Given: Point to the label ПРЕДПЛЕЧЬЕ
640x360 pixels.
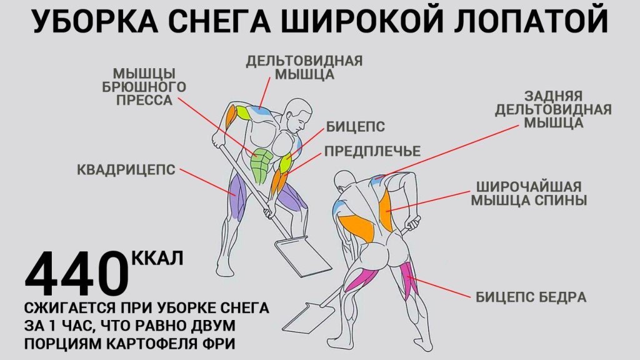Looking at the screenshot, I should point(372,152).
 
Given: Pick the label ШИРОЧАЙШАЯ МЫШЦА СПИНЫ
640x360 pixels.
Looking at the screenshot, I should point(529,194).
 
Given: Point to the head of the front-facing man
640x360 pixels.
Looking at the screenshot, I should point(299,114).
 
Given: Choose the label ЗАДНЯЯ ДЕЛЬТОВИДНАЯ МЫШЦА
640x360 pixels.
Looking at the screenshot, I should point(553,109).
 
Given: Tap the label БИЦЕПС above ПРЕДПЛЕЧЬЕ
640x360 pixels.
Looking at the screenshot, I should point(355,127).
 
